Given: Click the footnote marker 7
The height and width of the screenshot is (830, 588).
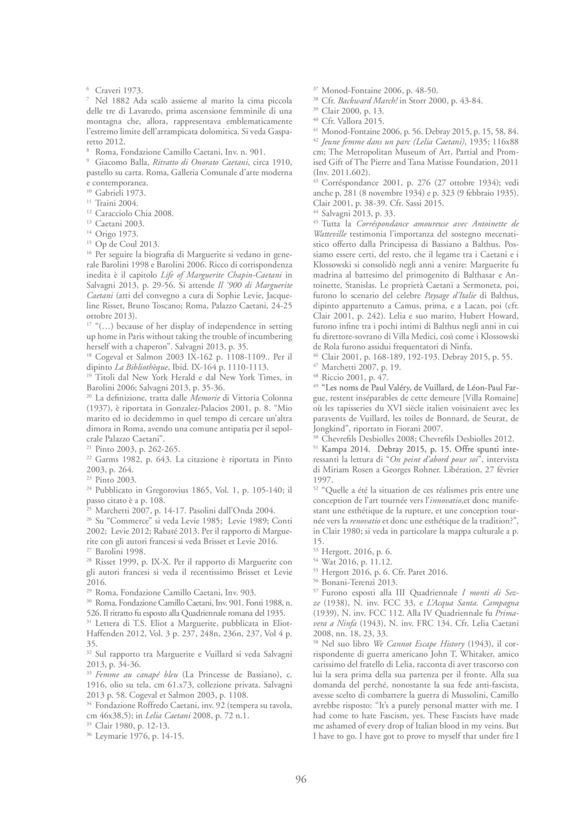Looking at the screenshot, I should pyautogui.click(x=87, y=99).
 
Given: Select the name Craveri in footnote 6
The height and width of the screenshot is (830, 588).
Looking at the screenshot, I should pyautogui.click(x=109, y=90).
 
